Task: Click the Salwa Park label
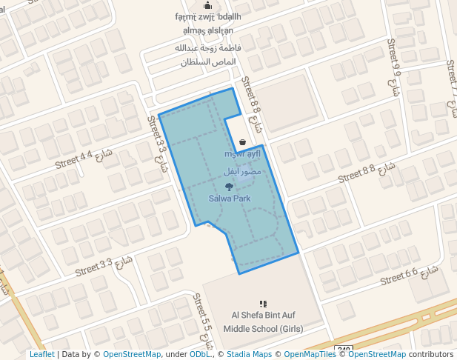(229, 199)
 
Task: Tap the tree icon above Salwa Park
(228, 186)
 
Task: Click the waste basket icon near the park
(243, 142)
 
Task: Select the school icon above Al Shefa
(262, 304)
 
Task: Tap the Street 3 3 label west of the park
(160, 144)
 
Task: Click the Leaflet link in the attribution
(41, 354)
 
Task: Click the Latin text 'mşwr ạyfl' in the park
(242, 154)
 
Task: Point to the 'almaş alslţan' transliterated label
(208, 30)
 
